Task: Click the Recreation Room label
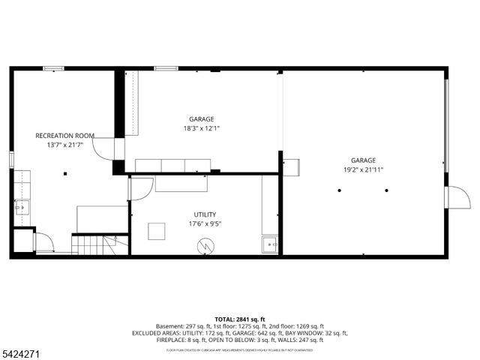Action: [x=64, y=136]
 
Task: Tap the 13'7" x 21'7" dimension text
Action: [x=64, y=145]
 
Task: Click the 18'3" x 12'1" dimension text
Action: [x=201, y=128]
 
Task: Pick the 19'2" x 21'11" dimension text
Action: [x=363, y=169]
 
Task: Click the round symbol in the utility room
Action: [x=205, y=245]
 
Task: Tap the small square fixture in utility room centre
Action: [x=157, y=231]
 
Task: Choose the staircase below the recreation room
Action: [x=99, y=244]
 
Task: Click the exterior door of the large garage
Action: [x=457, y=197]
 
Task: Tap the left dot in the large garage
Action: [x=340, y=190]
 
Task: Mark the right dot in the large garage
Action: [x=387, y=190]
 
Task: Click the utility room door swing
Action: [x=139, y=188]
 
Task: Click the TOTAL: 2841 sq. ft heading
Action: [x=239, y=319]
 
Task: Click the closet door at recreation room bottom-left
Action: [x=43, y=242]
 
